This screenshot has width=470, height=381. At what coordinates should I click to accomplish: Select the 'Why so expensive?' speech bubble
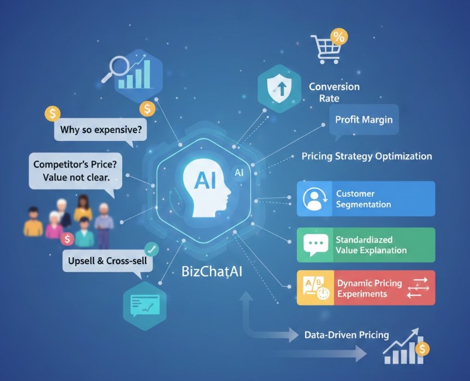(101, 129)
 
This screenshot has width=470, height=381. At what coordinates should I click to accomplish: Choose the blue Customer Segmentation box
(366, 199)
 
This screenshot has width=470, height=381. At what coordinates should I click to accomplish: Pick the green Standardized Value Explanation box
(366, 245)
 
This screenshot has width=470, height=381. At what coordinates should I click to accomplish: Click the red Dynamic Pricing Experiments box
(366, 288)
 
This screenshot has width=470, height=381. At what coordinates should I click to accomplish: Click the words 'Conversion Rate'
(334, 92)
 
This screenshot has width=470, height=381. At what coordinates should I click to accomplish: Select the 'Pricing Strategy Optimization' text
(367, 156)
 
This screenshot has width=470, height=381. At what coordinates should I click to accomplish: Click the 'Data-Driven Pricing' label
(347, 335)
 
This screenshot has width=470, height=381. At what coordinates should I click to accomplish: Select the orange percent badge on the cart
(338, 37)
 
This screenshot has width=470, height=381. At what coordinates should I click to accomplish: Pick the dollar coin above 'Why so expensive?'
(53, 113)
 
